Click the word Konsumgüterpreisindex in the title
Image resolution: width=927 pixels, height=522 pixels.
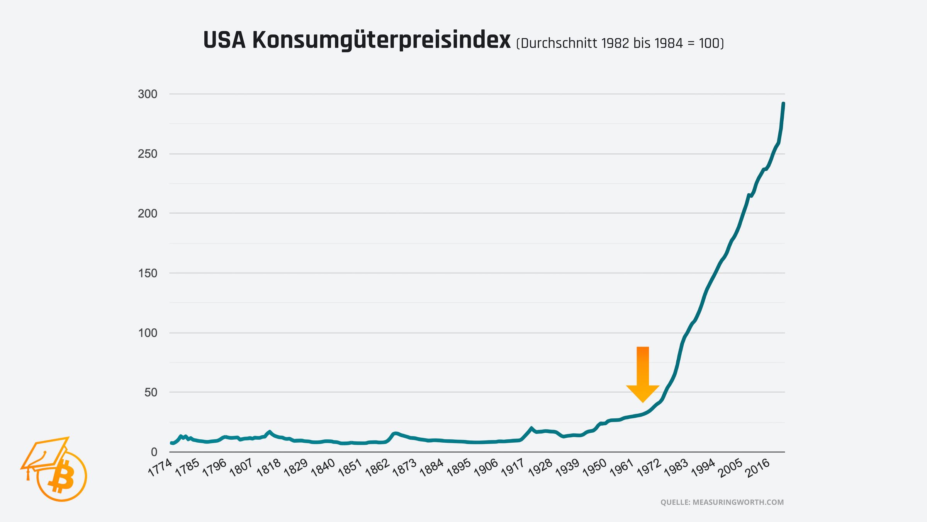381,41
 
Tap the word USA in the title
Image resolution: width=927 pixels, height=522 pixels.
224,41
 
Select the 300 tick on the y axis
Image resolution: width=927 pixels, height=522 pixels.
148,94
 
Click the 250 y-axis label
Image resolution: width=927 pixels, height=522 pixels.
148,154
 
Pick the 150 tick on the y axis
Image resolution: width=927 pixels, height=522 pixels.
148,273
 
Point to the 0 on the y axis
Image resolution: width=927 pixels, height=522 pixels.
154,452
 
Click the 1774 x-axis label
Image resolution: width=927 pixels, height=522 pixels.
160,468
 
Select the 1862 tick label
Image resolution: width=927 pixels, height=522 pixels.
377,468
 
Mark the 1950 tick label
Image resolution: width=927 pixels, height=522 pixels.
594,468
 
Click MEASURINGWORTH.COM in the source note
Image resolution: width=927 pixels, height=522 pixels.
738,502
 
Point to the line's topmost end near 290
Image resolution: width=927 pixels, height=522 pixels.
783,104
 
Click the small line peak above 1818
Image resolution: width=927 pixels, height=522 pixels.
270,432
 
